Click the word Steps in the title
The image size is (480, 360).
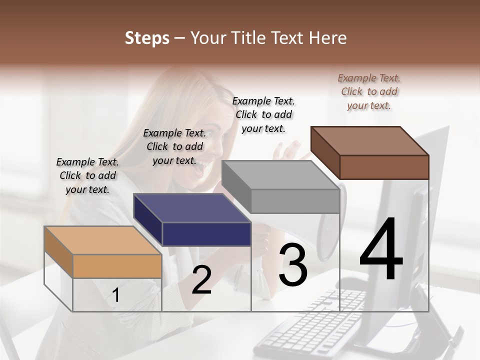click(147, 38)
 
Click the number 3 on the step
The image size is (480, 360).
click(292, 265)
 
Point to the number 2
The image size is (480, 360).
click(201, 280)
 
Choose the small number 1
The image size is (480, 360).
click(115, 295)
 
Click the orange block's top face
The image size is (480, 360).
click(102, 240)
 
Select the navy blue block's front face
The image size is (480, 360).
click(206, 234)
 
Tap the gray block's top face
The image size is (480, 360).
click(280, 175)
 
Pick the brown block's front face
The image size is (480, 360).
click(384, 166)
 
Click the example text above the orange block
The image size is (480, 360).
click(87, 175)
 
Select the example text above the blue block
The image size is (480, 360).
click(174, 146)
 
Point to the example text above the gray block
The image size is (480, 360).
click(263, 114)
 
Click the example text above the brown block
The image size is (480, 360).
click(369, 91)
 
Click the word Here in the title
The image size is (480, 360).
click(327, 38)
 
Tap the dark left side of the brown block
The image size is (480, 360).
click(325, 152)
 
